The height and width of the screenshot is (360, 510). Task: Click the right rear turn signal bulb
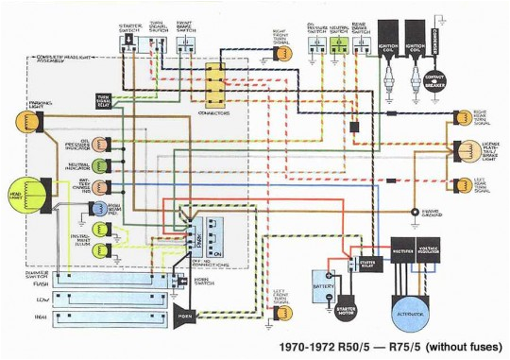(x=463, y=118)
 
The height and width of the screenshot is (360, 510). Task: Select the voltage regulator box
(x=441, y=251)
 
